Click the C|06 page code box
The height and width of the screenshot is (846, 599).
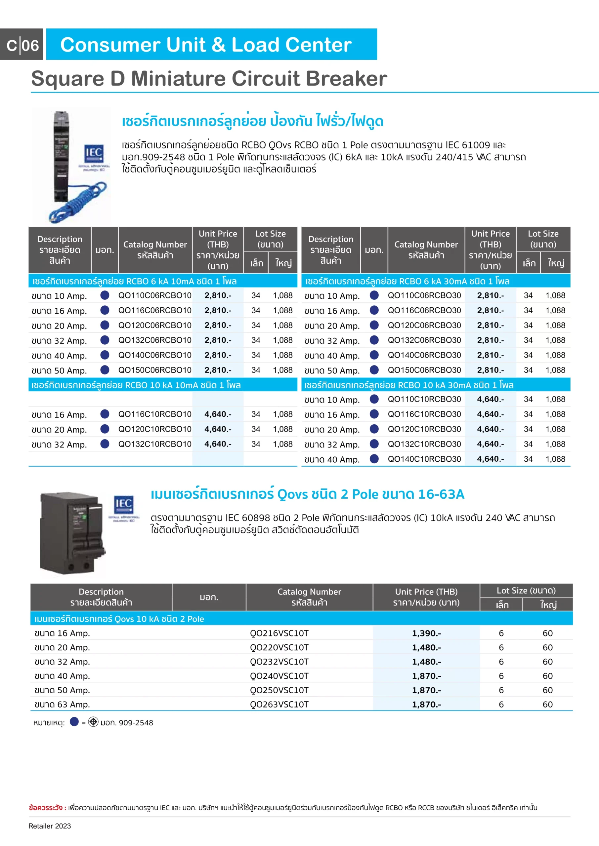tap(22, 45)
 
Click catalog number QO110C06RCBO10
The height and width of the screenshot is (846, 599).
tap(154, 295)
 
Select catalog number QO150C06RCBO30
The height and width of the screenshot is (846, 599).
tap(424, 370)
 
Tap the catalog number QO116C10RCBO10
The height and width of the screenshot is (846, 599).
tap(154, 414)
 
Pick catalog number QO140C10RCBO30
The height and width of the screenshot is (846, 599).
tap(424, 459)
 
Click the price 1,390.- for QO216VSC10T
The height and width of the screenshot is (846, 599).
tap(426, 634)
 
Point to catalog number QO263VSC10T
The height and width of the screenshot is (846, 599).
tap(279, 705)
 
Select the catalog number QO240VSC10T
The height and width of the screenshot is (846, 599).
tap(279, 676)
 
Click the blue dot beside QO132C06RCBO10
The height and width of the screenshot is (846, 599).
tap(105, 340)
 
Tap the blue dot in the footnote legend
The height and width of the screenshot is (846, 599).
tap(74, 722)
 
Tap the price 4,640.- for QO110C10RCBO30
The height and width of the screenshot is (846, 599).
tap(490, 400)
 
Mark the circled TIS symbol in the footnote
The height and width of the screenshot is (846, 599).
tap(93, 722)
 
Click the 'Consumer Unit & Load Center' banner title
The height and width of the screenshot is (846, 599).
tap(206, 45)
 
